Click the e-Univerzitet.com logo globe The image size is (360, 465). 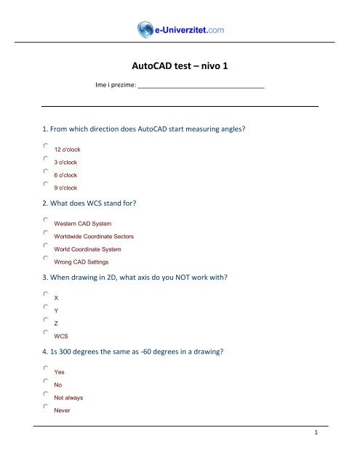click(145, 29)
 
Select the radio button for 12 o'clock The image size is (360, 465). click(46, 145)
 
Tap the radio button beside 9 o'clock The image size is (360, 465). click(46, 185)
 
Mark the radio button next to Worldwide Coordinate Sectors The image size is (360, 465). click(46, 233)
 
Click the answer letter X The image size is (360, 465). click(57, 298)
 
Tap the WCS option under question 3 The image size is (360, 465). click(61, 337)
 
